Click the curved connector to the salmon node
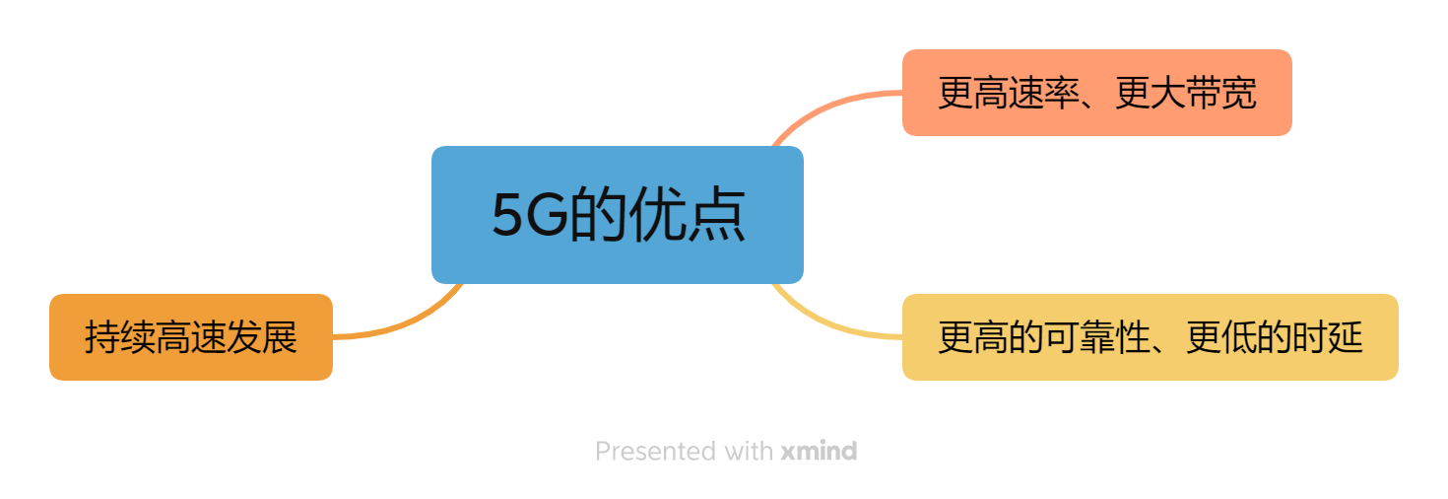(x=827, y=104)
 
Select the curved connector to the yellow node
(x=827, y=323)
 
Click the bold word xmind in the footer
(x=819, y=452)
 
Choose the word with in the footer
(x=749, y=452)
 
